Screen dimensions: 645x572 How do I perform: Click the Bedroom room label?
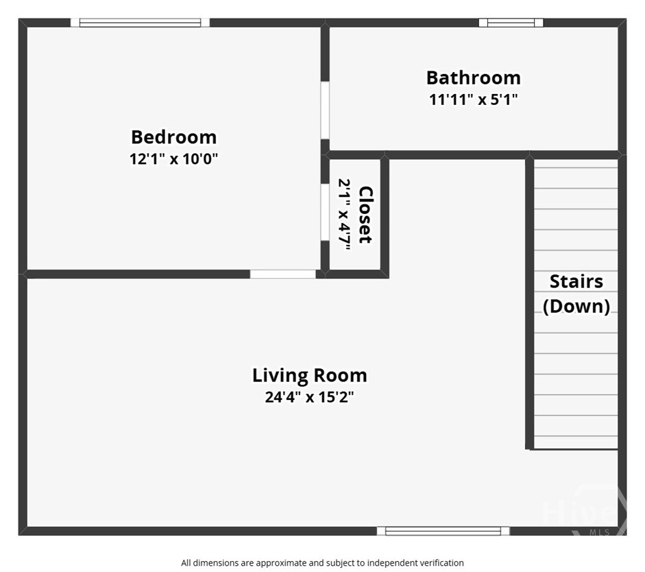[173, 137]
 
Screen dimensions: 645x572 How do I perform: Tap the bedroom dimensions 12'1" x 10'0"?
[173, 159]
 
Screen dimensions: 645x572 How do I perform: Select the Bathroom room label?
[473, 78]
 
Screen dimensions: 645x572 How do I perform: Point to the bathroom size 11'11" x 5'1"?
[473, 99]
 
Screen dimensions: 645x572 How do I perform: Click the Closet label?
[366, 215]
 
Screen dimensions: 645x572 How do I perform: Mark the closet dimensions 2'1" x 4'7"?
[344, 215]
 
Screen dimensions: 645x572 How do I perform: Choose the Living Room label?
[309, 376]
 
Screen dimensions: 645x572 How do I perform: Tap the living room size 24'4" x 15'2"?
[309, 397]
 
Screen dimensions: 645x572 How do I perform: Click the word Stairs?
[576, 281]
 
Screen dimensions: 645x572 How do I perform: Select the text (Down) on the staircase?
[576, 306]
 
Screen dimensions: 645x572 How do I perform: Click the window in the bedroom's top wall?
[140, 23]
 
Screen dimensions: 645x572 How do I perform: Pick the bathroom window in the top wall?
[511, 23]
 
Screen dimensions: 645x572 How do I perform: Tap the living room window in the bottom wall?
[443, 531]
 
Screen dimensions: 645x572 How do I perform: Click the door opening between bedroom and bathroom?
[325, 110]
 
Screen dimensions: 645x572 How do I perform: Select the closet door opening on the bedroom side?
[325, 212]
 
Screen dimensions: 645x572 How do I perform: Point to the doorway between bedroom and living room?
[283, 274]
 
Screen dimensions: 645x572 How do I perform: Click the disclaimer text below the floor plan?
[322, 562]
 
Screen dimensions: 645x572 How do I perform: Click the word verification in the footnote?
[441, 562]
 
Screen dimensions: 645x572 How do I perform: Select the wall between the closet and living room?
[385, 217]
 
